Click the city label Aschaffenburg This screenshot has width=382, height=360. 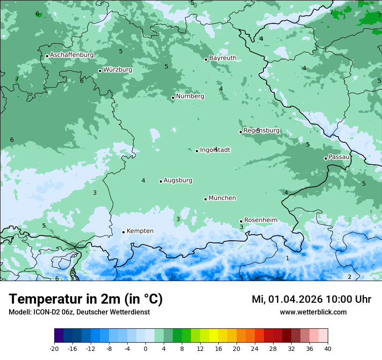(x=72, y=55)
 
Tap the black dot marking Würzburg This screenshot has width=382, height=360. (x=100, y=71)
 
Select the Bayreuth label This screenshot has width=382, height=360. (x=223, y=58)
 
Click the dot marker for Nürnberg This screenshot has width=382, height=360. (x=173, y=98)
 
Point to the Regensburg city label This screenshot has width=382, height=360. (x=261, y=131)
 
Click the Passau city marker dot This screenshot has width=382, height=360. (x=326, y=158)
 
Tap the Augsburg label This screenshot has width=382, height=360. (x=178, y=180)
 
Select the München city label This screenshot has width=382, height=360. (x=222, y=198)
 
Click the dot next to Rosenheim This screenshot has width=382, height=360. (x=241, y=221)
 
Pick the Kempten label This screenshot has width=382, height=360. (x=140, y=231)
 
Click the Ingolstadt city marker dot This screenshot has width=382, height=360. (x=197, y=151)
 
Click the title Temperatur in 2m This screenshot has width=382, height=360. (x=86, y=299)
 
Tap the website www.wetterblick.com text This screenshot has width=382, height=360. (x=313, y=312)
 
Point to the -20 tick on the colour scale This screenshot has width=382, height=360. (x=54, y=348)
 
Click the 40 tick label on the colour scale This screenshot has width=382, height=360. (x=327, y=348)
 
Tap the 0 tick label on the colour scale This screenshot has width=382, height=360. (x=145, y=348)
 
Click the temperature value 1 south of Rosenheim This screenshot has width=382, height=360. (x=287, y=258)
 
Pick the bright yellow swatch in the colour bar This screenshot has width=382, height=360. (x=214, y=336)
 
